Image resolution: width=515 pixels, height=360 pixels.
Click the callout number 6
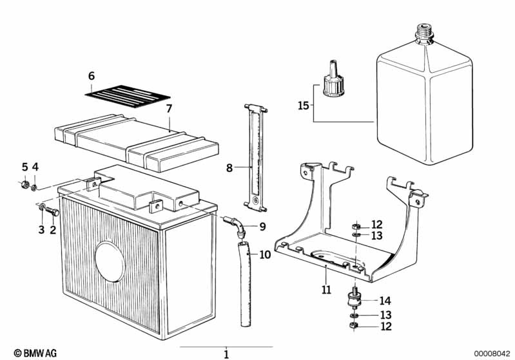(x=91, y=76)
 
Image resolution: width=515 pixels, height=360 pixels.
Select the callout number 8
(x=229, y=168)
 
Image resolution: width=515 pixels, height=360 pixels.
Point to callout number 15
(x=302, y=104)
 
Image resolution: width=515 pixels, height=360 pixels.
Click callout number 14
(x=385, y=300)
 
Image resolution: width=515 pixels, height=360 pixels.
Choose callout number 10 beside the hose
(x=266, y=254)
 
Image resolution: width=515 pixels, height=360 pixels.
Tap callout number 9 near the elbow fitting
(x=262, y=226)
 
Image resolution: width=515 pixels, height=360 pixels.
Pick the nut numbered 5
(x=24, y=185)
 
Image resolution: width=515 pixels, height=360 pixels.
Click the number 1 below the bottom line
(x=226, y=354)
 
